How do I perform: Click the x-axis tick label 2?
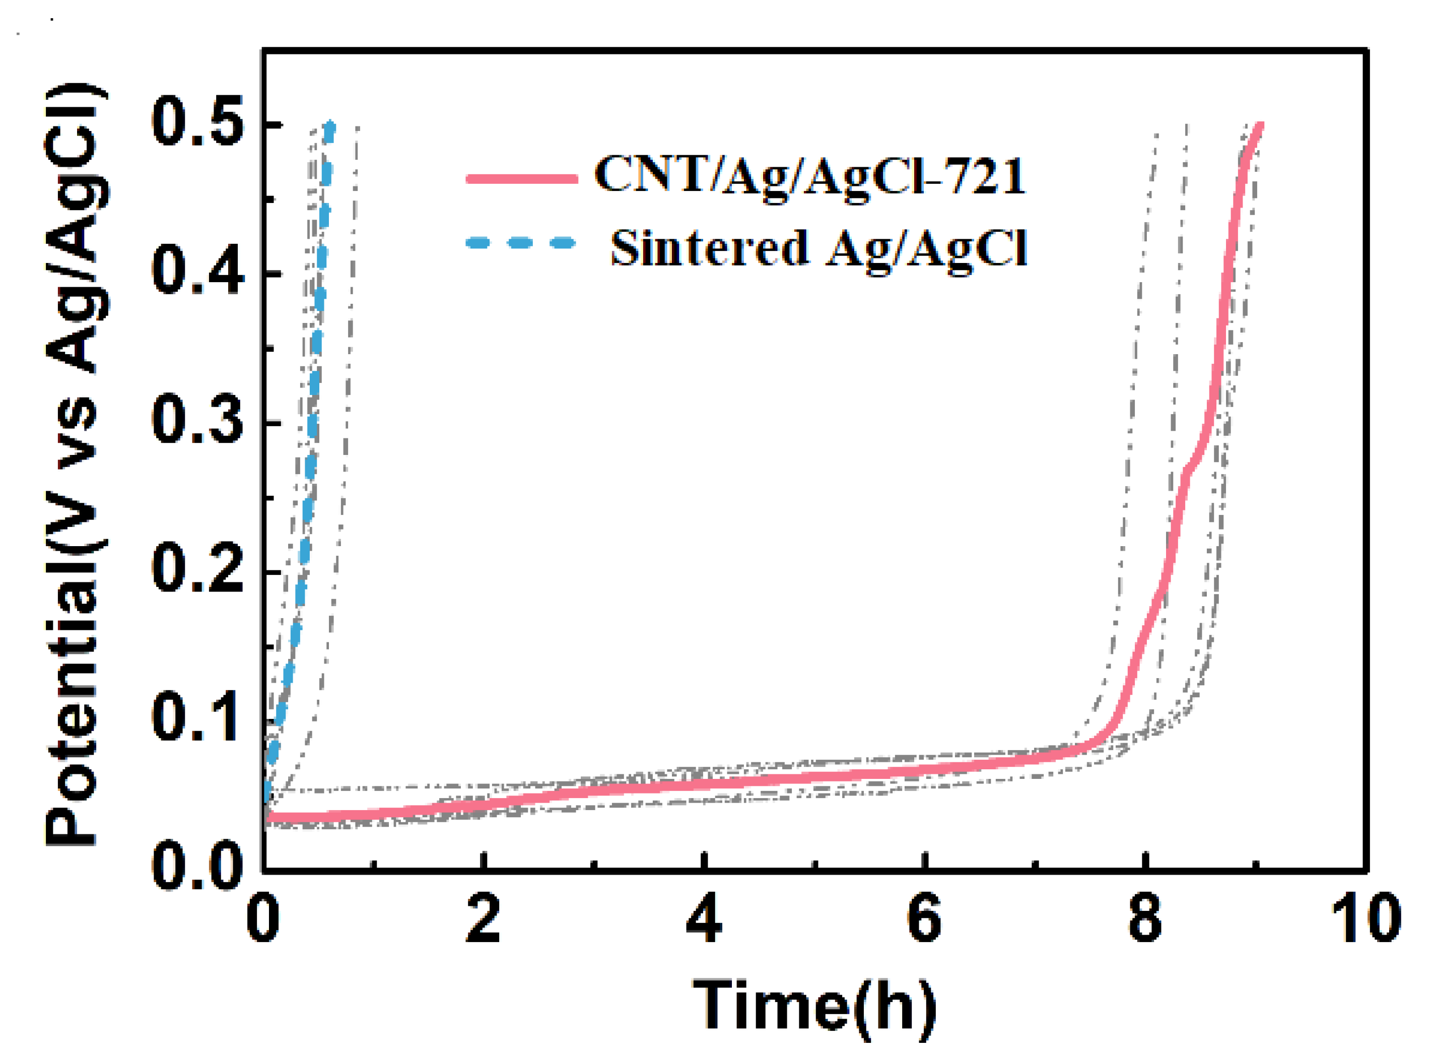coord(483,919)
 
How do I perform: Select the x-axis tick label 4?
coord(704,919)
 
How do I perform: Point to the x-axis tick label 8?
coord(1145,919)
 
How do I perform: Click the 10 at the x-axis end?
coord(1366,919)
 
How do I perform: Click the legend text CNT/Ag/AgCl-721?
coord(810,175)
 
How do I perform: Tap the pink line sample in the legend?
coord(521,178)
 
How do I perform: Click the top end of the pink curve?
coord(1260,125)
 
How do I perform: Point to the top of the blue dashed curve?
coord(329,125)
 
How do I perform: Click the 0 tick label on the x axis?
coord(263,919)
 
